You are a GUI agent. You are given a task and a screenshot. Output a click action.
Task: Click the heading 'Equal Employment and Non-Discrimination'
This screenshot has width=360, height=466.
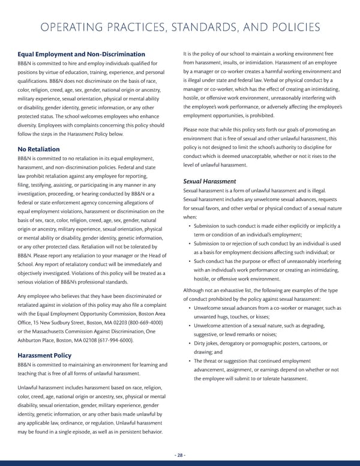[x=82, y=55]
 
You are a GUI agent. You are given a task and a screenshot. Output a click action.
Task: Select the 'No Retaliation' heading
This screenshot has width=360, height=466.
[x=39, y=148]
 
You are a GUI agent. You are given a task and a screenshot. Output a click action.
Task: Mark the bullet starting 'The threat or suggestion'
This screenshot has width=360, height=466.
[x=264, y=369]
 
